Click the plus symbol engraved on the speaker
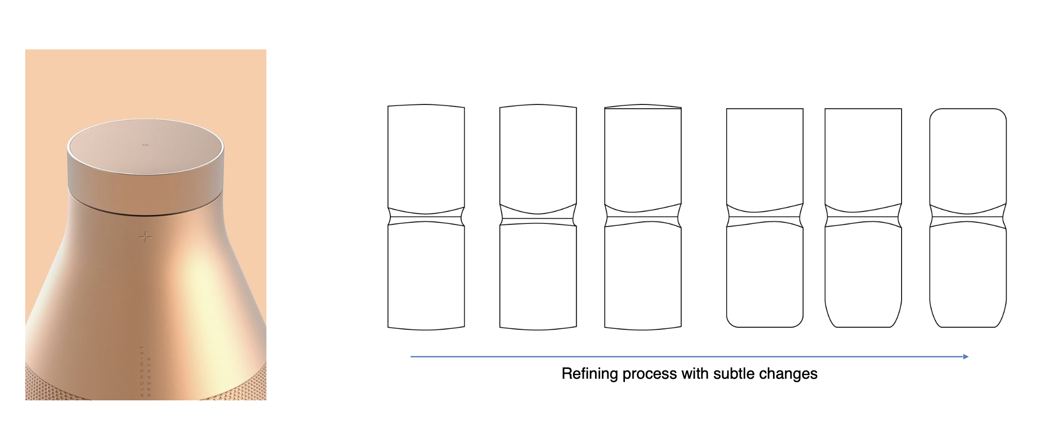pos(146,237)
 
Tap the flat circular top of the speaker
pos(146,149)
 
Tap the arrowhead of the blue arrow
pos(966,357)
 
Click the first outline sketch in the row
pos(426,154)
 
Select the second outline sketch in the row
pos(538,154)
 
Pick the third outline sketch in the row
pos(643,154)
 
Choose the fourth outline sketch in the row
pos(765,154)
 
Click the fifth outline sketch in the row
pos(863,154)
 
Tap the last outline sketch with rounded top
pos(968,154)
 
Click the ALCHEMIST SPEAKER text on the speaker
pos(146,371)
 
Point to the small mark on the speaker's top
pos(146,145)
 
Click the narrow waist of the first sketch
pos(426,217)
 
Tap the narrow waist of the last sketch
pos(968,217)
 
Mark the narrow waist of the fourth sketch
pos(765,217)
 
